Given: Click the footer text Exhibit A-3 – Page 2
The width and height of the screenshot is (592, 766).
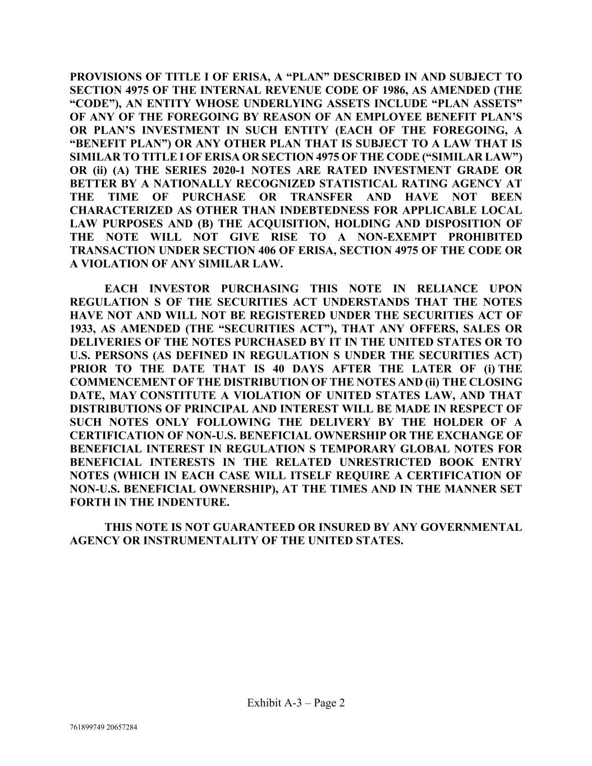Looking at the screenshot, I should [296, 703].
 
